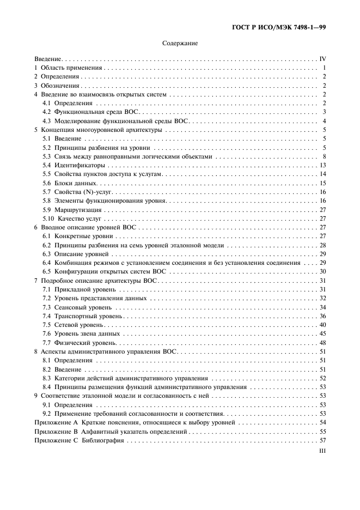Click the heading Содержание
(180, 43)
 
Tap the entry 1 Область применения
(69, 68)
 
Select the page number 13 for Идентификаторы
(322, 165)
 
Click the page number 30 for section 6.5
(322, 271)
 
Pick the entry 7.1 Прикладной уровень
(80, 289)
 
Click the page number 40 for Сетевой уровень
(322, 325)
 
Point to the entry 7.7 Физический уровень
(80, 343)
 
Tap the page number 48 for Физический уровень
(322, 343)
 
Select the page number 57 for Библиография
(322, 440)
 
